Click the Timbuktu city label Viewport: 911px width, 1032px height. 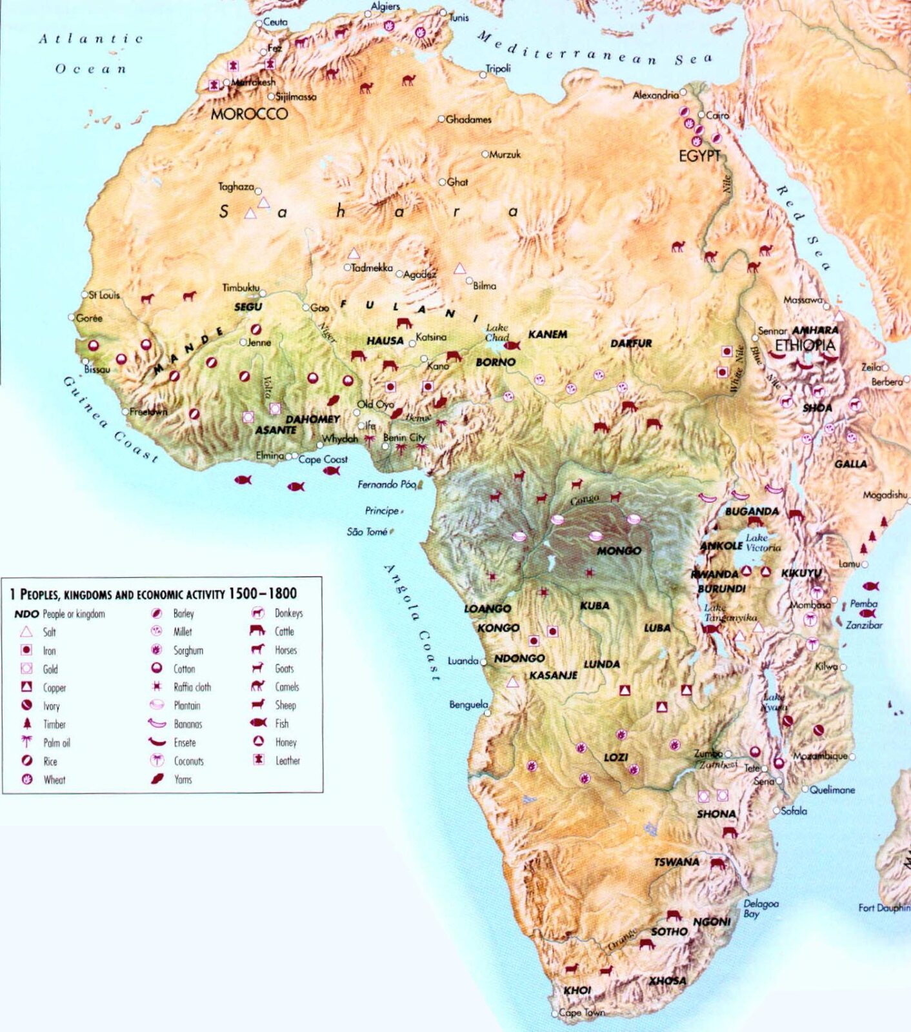[241, 288]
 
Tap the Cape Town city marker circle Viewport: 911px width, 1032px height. [555, 1014]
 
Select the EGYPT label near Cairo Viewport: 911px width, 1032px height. [699, 156]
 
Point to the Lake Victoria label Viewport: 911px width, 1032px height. [763, 542]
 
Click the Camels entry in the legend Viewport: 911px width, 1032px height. [286, 687]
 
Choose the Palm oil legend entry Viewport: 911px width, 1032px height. [56, 743]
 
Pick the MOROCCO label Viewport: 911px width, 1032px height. [249, 114]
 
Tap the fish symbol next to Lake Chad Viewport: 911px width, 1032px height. [512, 346]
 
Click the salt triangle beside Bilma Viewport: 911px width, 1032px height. [459, 268]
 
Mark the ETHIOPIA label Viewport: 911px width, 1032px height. [805, 345]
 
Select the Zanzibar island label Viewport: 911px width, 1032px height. [864, 625]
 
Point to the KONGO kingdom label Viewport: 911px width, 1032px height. [498, 628]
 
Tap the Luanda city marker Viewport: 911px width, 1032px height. [483, 662]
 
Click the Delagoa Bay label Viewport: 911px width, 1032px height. [761, 908]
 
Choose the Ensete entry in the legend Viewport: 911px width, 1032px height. [185, 743]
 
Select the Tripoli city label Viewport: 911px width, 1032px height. [498, 68]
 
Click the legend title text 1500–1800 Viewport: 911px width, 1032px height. [263, 593]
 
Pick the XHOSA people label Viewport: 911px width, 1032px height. [667, 980]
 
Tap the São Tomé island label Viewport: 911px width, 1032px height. [367, 531]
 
